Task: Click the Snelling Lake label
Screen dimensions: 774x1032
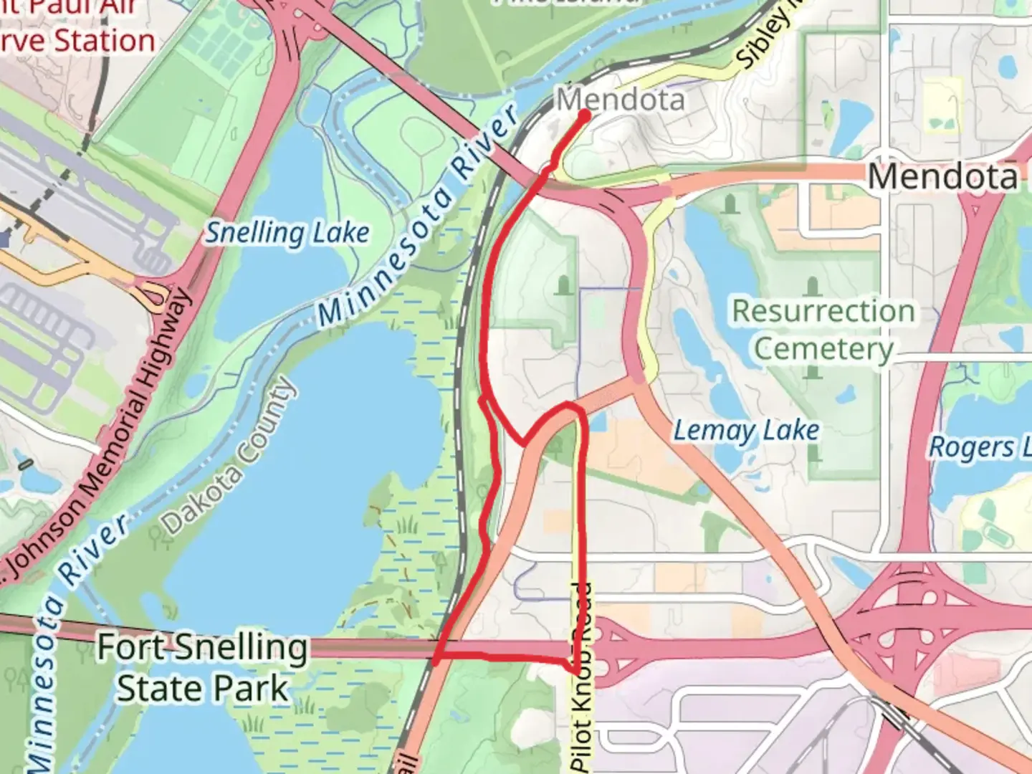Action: [x=288, y=234]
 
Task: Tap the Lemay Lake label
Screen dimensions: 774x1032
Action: [x=745, y=431]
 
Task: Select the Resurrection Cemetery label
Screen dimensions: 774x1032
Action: [x=823, y=330]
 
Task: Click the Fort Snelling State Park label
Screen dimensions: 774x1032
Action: [x=203, y=668]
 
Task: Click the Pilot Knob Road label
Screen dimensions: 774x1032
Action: [x=582, y=677]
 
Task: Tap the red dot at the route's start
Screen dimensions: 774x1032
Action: [x=584, y=115]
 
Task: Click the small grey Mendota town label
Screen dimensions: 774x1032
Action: [x=621, y=100]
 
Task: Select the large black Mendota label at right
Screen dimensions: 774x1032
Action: [x=942, y=176]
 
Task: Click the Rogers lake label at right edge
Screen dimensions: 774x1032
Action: [x=979, y=447]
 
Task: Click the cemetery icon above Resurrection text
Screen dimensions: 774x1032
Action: [x=812, y=287]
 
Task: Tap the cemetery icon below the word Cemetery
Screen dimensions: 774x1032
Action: [x=812, y=373]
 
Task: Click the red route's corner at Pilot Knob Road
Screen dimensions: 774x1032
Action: [x=575, y=670]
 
